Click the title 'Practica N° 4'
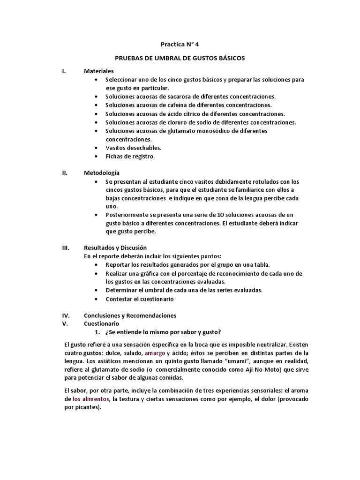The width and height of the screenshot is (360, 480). [180, 45]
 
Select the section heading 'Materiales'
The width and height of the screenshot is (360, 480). [99, 71]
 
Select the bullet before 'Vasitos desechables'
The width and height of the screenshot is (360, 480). [96, 148]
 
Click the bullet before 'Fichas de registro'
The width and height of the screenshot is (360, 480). [96, 156]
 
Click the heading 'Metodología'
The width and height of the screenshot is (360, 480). [102, 172]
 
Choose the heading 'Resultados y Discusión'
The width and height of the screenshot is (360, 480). [115, 247]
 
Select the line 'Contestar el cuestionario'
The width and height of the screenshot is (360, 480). [140, 299]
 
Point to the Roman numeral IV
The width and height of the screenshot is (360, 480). [66, 315]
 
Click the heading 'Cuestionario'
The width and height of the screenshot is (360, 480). [101, 323]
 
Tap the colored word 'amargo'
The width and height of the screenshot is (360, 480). [155, 352]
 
